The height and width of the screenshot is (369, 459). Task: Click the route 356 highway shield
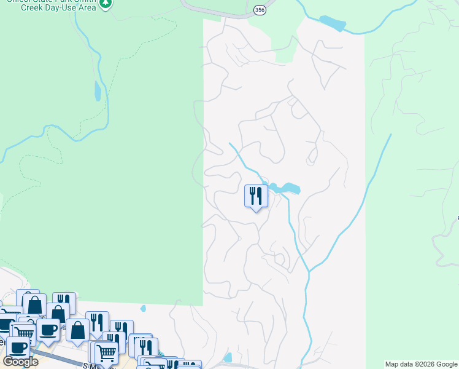coord(260,10)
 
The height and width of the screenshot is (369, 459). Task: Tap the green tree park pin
coord(106,4)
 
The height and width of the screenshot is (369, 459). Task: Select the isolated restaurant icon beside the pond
coord(256,196)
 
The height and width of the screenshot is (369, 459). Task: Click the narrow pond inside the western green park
coord(97,91)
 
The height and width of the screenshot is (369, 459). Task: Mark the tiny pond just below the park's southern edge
coord(143,308)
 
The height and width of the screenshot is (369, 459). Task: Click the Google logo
coord(20,362)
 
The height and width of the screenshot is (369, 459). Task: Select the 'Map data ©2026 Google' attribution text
coord(421,364)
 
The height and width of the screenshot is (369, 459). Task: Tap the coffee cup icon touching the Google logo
coord(17,347)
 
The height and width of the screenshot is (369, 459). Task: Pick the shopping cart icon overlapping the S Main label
coord(107,354)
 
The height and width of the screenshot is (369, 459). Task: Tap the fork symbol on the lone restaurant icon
coord(252,196)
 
